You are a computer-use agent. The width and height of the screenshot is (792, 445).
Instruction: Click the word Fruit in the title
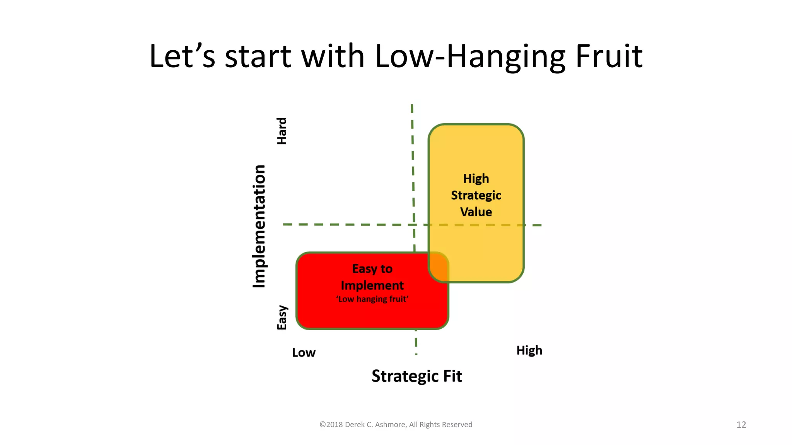(x=609, y=56)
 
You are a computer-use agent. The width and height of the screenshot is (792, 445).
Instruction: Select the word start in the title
(x=258, y=56)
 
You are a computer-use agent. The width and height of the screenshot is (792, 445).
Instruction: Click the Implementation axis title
(x=259, y=226)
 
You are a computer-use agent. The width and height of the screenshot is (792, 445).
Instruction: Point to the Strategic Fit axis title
(x=416, y=376)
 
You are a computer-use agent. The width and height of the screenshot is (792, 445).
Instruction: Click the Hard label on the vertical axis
(x=282, y=131)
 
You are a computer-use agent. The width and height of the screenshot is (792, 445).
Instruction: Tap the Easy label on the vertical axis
(x=282, y=318)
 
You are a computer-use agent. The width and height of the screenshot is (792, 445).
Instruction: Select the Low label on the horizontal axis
(x=304, y=353)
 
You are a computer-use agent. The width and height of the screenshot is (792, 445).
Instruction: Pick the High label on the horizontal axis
(x=529, y=350)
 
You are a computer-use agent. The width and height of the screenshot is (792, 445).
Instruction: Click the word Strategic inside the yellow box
(x=476, y=195)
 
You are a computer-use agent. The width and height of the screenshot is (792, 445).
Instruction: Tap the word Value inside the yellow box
(x=476, y=212)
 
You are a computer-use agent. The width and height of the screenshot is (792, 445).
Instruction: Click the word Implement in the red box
(x=372, y=285)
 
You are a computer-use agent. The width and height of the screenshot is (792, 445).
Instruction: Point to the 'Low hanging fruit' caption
(x=372, y=299)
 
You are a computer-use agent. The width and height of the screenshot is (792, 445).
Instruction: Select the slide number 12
(x=741, y=425)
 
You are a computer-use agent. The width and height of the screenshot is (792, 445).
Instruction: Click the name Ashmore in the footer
(x=390, y=425)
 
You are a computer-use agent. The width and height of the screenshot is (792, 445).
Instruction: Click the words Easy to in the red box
(x=372, y=269)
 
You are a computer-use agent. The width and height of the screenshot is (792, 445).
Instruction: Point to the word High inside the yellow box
(x=476, y=179)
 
